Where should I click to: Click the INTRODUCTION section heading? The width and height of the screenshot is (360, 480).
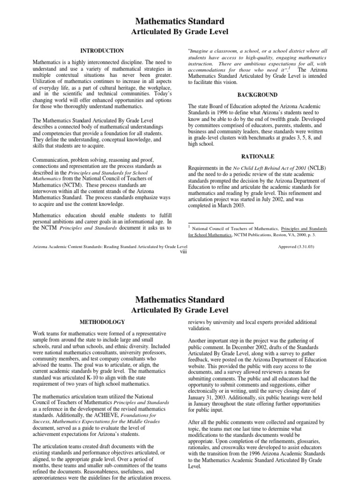(102, 51)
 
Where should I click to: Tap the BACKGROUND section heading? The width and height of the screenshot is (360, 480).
(257, 95)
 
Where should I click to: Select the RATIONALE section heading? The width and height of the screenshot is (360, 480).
(257, 157)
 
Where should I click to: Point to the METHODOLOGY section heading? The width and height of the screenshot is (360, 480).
(102, 322)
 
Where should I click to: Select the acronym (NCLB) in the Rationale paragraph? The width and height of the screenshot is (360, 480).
(317, 168)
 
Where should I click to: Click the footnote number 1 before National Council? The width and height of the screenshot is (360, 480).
(189, 227)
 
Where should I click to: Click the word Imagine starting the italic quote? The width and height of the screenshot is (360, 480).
(200, 51)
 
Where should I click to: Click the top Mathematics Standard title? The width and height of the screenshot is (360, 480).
(180, 21)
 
